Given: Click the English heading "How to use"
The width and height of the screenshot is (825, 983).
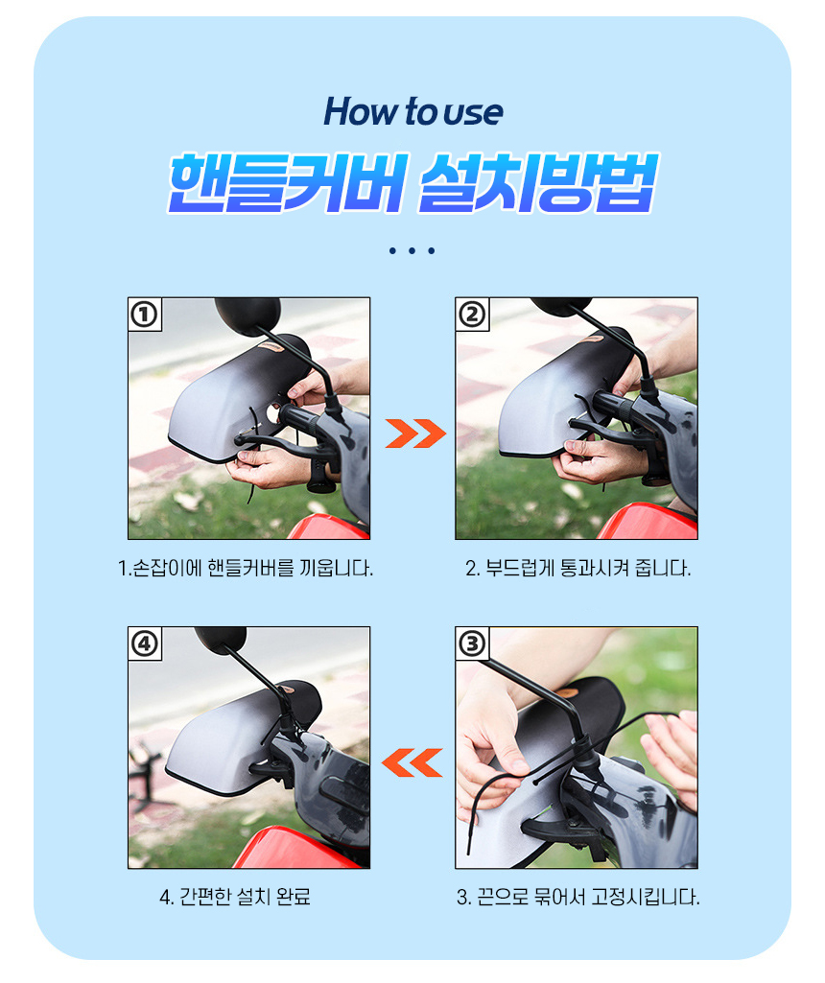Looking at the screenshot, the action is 412,112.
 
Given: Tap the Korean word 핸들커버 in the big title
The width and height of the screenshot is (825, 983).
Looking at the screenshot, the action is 289,183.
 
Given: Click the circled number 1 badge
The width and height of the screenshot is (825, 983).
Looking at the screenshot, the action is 145,315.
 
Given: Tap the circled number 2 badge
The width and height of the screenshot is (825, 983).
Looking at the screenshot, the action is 472,315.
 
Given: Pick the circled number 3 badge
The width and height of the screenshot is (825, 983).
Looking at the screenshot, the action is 472,644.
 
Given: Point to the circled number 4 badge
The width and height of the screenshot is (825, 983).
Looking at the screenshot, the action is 145,644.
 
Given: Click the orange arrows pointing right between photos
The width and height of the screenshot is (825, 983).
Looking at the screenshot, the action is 415,433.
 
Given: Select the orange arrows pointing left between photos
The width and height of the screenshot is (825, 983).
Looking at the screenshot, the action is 412,762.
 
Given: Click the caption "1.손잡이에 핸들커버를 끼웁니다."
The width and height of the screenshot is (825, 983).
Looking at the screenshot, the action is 246,569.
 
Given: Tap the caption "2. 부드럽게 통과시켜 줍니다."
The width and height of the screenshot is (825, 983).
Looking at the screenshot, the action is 577,569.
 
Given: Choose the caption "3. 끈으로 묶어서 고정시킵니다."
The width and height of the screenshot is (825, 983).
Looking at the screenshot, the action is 577,898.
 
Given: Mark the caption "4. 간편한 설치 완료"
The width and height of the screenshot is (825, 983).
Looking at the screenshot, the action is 235,898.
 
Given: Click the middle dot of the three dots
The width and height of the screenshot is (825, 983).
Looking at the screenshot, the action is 412,250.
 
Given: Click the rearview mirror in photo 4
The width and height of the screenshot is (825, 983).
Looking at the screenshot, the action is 220,639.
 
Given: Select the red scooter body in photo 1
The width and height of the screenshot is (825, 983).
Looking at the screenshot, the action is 328,527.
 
